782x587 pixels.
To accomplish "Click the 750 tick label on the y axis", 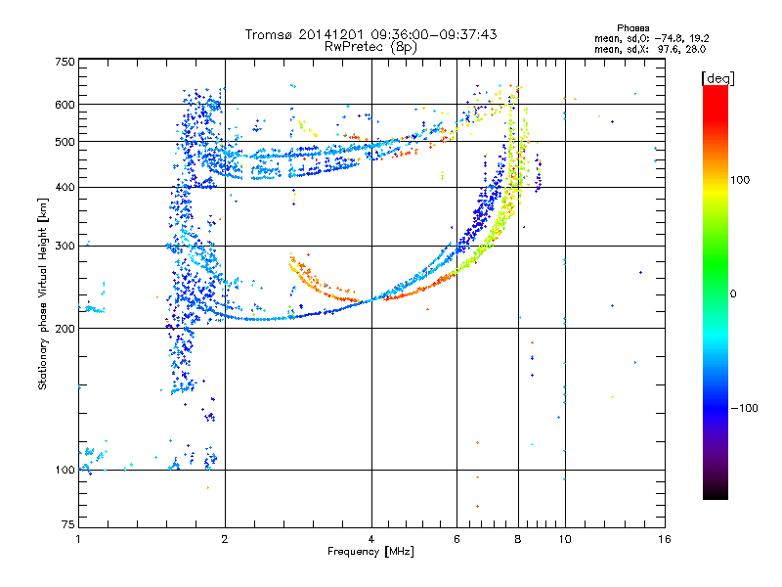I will click(x=65, y=62).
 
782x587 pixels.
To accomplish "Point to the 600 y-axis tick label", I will click(x=65, y=105).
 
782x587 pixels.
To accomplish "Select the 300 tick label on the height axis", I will click(x=65, y=247).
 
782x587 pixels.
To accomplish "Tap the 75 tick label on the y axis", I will click(x=67, y=524).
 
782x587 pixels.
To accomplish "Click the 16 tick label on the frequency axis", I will click(x=664, y=539).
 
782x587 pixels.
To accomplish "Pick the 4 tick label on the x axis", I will click(x=371, y=539).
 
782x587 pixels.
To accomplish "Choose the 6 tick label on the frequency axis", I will click(x=456, y=539).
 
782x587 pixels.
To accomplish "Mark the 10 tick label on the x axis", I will click(x=564, y=539).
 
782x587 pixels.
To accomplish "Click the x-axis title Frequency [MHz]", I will click(x=370, y=552).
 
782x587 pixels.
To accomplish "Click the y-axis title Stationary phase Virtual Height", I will click(x=43, y=293).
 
